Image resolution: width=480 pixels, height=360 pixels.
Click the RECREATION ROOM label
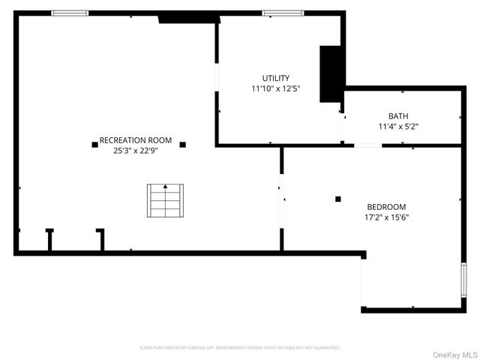click(136, 140)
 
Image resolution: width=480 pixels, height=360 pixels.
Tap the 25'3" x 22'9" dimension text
click(136, 150)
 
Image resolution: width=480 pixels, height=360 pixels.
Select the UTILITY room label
click(275, 79)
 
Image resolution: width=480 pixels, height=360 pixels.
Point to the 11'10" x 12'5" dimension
click(275, 89)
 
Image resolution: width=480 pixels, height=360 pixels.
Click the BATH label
click(398, 116)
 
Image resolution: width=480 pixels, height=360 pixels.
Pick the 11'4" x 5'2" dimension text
click(398, 127)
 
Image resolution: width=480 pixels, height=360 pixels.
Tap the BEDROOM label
click(386, 207)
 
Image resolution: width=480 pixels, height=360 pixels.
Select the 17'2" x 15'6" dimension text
click(386, 217)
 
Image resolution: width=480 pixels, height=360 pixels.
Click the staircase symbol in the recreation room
click(164, 199)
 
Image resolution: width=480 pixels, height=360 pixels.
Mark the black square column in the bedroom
click(338, 199)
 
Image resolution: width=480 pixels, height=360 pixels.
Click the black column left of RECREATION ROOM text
click(94, 144)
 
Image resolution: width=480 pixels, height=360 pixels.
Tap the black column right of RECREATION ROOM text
click(182, 144)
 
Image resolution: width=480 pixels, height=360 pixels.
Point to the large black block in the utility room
click(331, 73)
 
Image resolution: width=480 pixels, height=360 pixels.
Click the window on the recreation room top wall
click(70, 13)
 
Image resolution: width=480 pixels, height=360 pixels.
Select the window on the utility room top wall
click(283, 13)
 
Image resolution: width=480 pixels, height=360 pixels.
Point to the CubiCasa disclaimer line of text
click(240, 348)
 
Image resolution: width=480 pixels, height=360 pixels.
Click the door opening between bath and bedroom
click(367, 145)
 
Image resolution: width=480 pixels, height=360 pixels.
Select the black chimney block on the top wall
click(187, 18)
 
